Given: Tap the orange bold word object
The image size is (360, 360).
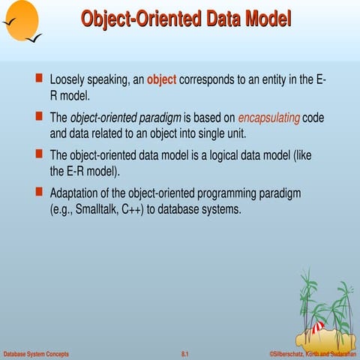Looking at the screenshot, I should [x=161, y=79].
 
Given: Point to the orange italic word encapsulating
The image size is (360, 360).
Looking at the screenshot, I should [x=268, y=117].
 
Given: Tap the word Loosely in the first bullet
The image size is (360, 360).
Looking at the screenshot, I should [x=68, y=79].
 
